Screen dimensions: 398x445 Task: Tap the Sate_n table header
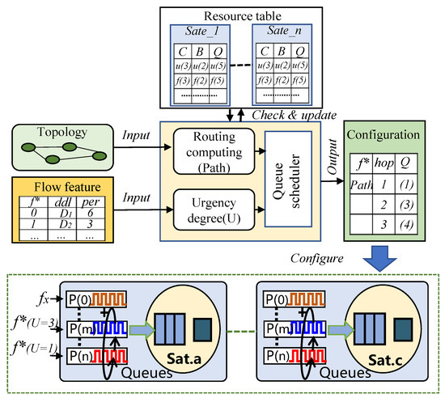point(282,33)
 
